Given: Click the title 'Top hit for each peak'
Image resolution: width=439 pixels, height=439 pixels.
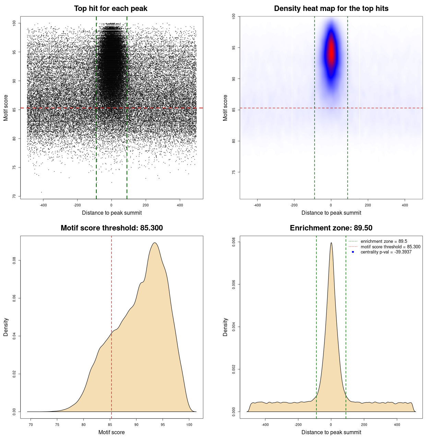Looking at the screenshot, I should (x=110, y=9).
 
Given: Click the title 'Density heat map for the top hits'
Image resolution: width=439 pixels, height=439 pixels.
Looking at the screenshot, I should (x=331, y=9).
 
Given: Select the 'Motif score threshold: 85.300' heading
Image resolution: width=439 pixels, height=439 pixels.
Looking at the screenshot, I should (x=111, y=228).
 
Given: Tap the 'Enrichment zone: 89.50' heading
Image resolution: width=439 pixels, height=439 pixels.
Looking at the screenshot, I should (x=331, y=228).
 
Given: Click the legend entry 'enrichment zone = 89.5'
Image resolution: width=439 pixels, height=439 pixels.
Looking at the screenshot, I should (x=384, y=241).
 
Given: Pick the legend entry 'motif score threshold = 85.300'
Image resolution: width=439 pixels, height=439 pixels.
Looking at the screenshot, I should (x=390, y=247).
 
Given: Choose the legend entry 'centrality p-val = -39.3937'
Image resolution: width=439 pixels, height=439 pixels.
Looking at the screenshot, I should (x=386, y=252).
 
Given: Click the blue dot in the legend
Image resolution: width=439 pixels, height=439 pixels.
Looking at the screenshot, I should (x=353, y=252).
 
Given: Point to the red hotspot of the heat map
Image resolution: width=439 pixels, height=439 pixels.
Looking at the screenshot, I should (x=331, y=51).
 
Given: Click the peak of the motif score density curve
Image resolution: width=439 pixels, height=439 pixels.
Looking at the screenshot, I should (x=155, y=243).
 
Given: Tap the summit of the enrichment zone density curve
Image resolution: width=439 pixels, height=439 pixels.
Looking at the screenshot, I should (x=331, y=243).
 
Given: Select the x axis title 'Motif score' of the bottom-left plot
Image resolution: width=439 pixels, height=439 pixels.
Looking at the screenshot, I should (x=111, y=432).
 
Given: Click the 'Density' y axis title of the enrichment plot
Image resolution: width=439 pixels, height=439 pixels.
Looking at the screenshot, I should (x=225, y=327).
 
